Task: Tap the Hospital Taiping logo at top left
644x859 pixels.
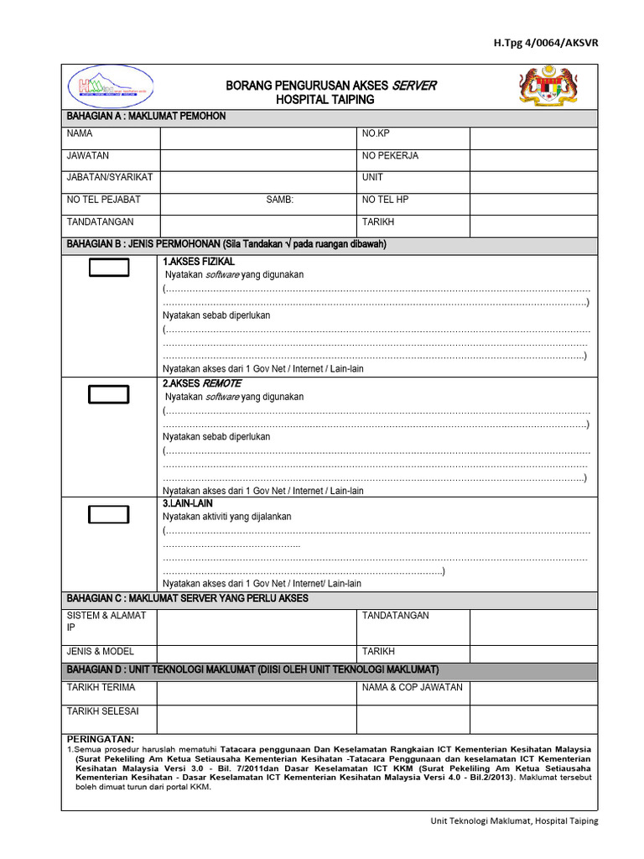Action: tap(109, 86)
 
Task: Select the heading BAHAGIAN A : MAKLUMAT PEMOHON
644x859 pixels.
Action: tap(146, 116)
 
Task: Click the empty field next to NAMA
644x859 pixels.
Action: tap(257, 136)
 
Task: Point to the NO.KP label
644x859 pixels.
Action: tap(376, 133)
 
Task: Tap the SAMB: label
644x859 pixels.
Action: tap(280, 200)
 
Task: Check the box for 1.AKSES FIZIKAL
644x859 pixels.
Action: tap(109, 268)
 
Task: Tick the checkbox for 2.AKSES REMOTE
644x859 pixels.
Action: tap(109, 394)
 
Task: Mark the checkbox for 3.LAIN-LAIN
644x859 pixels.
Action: tap(109, 515)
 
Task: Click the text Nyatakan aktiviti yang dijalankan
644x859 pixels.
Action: tap(227, 517)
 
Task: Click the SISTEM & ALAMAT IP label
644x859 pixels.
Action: tap(106, 621)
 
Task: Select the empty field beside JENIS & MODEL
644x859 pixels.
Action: tap(257, 653)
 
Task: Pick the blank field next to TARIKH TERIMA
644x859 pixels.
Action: tap(257, 692)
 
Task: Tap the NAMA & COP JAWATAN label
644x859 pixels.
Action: tap(412, 688)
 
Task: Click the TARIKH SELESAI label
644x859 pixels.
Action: tap(103, 711)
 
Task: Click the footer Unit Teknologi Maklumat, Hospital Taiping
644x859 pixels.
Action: tap(508, 821)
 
